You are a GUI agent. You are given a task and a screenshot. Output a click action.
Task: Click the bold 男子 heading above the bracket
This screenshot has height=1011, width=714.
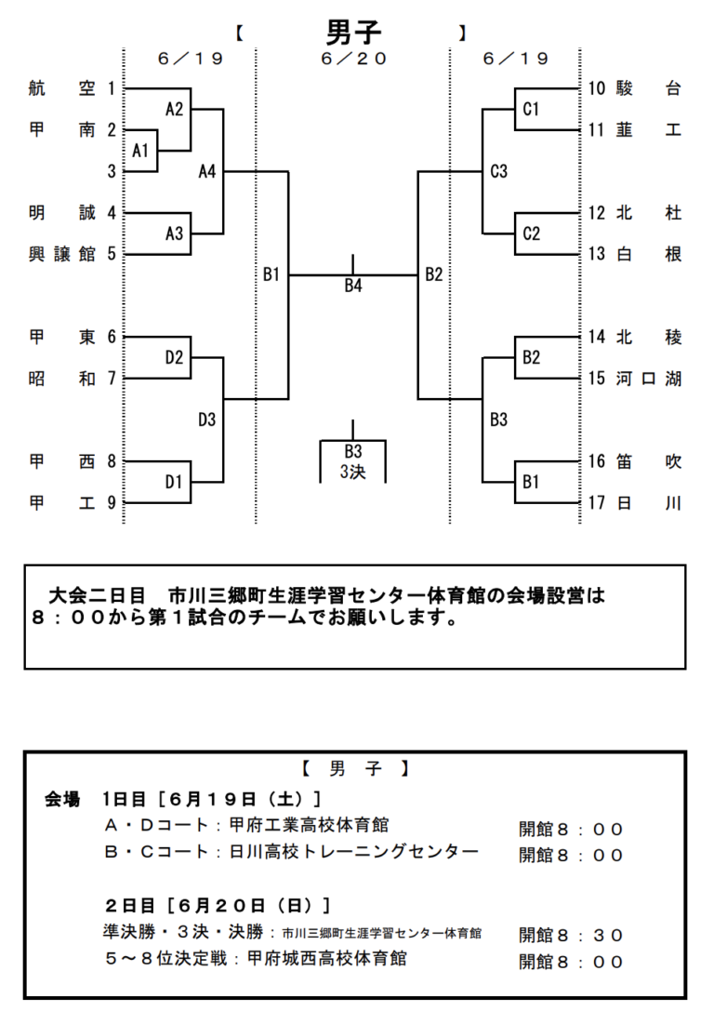click(x=353, y=33)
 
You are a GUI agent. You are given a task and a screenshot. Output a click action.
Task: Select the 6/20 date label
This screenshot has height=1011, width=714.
click(x=353, y=59)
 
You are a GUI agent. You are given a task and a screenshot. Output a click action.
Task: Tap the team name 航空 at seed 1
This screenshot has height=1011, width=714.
click(x=62, y=89)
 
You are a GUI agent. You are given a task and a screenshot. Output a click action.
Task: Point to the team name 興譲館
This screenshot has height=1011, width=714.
click(x=62, y=254)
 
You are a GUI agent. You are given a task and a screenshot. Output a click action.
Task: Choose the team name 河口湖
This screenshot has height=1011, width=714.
click(x=649, y=379)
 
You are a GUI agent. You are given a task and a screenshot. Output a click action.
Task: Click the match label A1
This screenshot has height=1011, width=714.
click(x=140, y=151)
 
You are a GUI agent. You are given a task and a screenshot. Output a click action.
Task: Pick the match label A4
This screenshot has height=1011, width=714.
click(x=207, y=171)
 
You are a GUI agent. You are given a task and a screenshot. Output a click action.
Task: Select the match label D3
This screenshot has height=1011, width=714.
click(x=206, y=419)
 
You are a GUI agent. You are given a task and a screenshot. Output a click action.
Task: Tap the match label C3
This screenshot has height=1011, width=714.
click(x=499, y=171)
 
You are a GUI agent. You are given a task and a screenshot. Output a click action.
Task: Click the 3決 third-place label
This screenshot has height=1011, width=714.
click(x=352, y=472)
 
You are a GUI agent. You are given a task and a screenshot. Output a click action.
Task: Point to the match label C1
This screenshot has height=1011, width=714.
click(x=531, y=110)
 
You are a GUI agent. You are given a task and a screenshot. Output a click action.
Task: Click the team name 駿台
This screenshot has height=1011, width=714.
click(x=649, y=89)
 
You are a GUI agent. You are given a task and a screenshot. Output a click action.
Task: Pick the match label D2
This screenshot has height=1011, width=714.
click(x=175, y=358)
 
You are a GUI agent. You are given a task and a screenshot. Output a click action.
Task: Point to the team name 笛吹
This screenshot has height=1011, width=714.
click(x=649, y=461)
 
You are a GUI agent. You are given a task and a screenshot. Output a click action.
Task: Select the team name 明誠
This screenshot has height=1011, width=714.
click(x=62, y=213)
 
